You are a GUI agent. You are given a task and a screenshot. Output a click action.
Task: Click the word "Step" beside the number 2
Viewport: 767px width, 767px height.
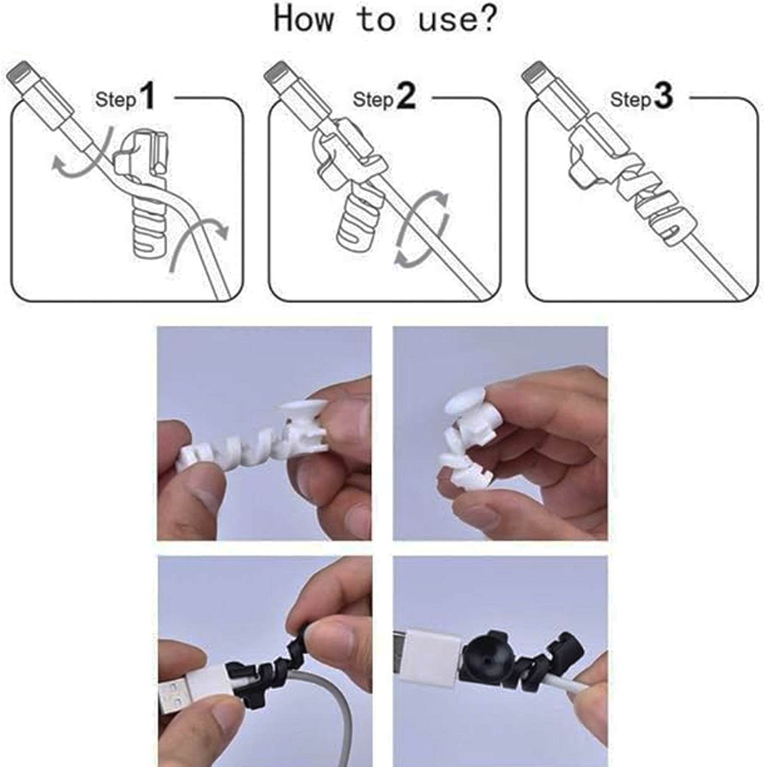(x=373, y=100)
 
